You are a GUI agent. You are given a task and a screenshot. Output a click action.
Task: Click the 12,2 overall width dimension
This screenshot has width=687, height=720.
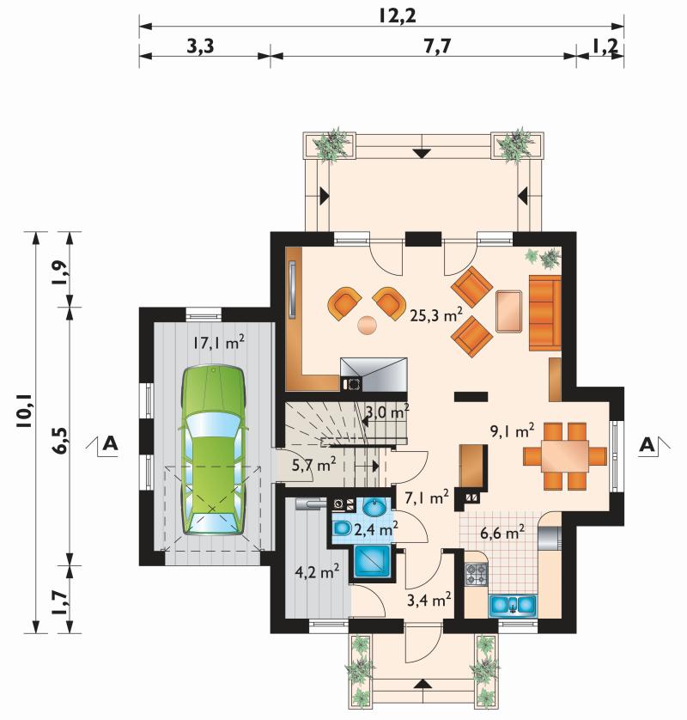(x=398, y=16)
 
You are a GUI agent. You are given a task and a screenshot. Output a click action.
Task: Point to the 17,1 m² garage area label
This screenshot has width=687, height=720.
(x=218, y=342)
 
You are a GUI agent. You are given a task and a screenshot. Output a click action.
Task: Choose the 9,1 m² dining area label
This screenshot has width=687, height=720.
(x=512, y=430)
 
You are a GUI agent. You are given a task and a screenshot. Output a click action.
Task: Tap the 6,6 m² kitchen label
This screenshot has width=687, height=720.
(x=502, y=533)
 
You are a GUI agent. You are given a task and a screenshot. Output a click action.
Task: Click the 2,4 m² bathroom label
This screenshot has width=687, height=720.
(x=376, y=529)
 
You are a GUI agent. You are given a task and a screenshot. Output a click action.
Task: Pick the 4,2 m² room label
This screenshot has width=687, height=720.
(x=317, y=572)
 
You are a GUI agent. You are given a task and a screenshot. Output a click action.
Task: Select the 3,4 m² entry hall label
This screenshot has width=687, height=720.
(x=429, y=599)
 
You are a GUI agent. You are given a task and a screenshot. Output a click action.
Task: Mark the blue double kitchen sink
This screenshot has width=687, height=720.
(x=513, y=605)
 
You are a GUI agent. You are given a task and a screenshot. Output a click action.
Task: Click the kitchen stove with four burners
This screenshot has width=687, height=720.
(x=477, y=574)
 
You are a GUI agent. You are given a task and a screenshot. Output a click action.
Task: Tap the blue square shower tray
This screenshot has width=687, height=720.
(x=372, y=561)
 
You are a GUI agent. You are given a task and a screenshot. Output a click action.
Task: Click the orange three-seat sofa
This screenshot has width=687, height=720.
(x=545, y=313)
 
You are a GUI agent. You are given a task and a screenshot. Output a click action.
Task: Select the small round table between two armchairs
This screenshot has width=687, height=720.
(x=368, y=325)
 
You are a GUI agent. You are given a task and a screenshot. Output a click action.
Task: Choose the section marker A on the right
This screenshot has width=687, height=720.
(x=647, y=444)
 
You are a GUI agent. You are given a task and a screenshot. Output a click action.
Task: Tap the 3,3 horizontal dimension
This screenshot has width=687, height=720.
(x=201, y=46)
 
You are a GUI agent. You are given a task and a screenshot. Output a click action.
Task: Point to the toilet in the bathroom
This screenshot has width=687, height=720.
(x=341, y=529)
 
